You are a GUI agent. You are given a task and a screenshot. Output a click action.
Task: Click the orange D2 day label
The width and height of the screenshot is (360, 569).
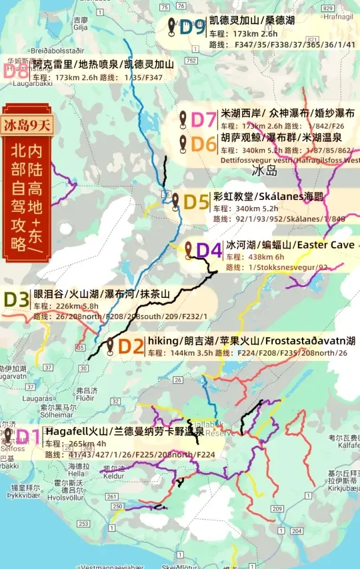(x=131, y=346)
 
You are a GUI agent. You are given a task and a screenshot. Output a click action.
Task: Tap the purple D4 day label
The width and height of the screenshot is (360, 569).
(x=209, y=251)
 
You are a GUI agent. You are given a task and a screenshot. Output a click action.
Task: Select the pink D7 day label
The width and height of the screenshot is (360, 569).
(x=204, y=120)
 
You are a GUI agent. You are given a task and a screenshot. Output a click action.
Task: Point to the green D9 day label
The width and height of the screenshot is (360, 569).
(x=192, y=27)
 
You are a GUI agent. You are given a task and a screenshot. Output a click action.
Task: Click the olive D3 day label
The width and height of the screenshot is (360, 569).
(x=16, y=299)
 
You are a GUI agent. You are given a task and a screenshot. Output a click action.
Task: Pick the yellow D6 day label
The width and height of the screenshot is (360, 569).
(x=204, y=144)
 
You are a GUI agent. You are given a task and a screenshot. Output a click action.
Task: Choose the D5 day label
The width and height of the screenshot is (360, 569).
(x=197, y=202)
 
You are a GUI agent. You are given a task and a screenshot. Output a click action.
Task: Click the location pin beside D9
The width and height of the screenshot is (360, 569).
(x=171, y=26)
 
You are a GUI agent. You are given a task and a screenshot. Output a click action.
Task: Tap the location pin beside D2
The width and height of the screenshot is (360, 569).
(x=110, y=344)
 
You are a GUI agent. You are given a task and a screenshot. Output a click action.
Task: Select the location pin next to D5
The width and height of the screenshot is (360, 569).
(x=175, y=200)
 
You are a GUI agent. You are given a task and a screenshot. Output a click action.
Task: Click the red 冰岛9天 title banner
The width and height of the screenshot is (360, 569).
(x=27, y=124)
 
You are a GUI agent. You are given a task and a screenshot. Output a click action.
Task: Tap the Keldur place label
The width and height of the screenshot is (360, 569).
(x=113, y=476)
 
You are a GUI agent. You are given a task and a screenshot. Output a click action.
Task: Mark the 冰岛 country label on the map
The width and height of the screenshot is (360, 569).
(x=264, y=171)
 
